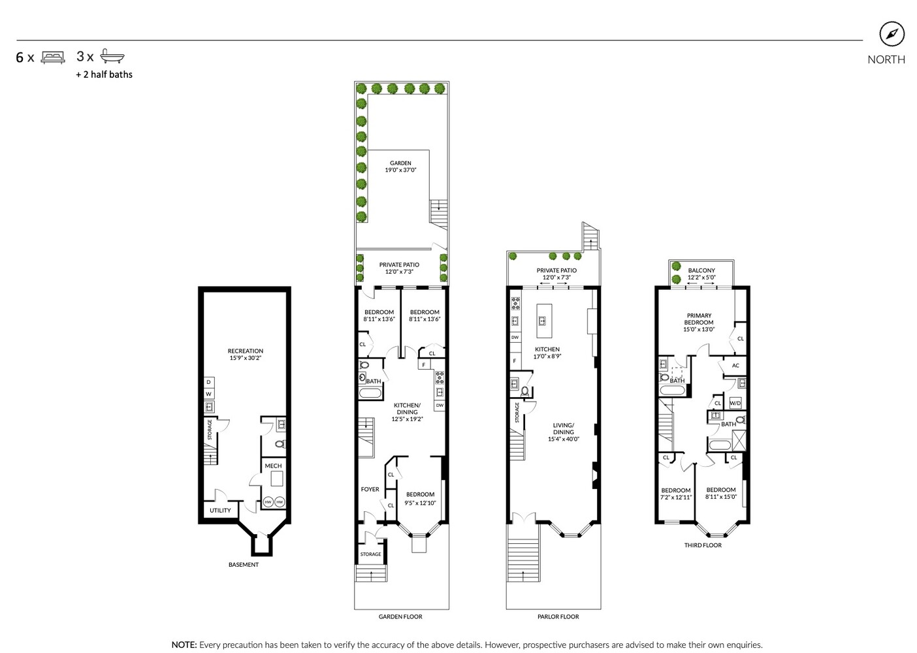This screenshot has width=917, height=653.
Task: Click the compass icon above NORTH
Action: pyautogui.click(x=892, y=35)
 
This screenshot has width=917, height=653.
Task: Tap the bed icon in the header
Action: pyautogui.click(x=53, y=57)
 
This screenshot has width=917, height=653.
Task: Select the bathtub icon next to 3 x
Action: pyautogui.click(x=112, y=57)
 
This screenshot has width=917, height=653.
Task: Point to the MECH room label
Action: pyautogui.click(x=273, y=466)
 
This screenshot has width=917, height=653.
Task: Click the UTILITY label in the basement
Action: pyautogui.click(x=220, y=510)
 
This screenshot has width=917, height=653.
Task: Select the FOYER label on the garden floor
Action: pyautogui.click(x=370, y=489)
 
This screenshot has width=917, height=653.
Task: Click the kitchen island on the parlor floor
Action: pyautogui.click(x=541, y=320)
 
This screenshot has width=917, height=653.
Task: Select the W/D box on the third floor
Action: pyautogui.click(x=735, y=403)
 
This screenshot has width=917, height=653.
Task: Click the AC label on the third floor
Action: pyautogui.click(x=735, y=366)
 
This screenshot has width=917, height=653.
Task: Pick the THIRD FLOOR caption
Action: pyautogui.click(x=703, y=545)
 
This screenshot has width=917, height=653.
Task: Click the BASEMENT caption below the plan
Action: pyautogui.click(x=244, y=565)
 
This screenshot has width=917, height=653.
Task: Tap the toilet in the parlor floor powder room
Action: pyautogui.click(x=524, y=391)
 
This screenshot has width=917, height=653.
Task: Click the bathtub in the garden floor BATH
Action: pyautogui.click(x=370, y=393)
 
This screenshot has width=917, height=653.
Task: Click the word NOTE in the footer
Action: pyautogui.click(x=184, y=645)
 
